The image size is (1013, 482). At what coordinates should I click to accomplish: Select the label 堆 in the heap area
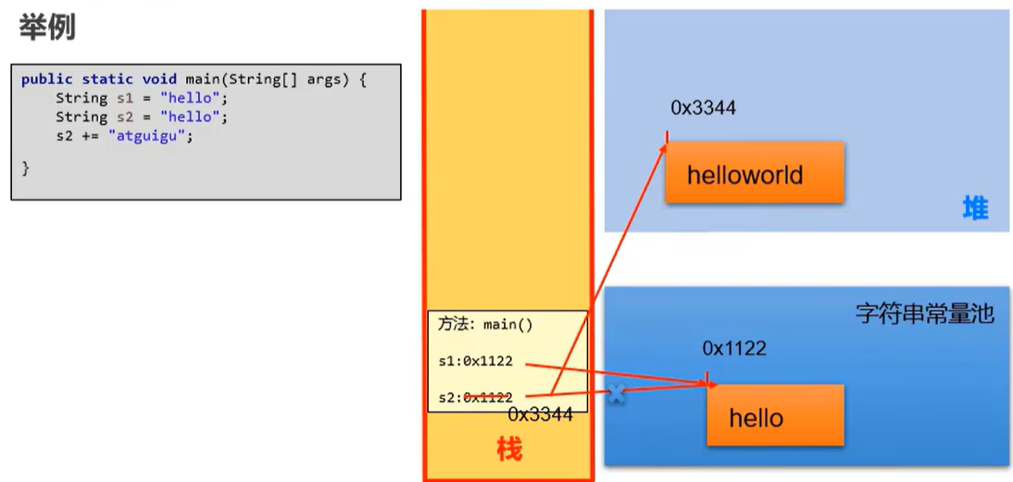(x=975, y=209)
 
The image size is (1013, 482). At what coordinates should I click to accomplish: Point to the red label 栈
(x=508, y=450)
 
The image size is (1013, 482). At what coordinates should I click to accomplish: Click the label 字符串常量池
(x=924, y=315)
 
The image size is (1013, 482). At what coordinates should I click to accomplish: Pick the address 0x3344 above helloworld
(x=703, y=108)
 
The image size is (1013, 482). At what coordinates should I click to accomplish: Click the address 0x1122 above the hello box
(x=734, y=349)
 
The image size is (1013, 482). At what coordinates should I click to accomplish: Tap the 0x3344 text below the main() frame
(x=540, y=414)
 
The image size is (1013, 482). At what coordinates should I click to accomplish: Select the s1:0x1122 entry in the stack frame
(x=475, y=362)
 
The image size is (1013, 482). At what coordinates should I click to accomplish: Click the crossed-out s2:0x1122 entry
(x=475, y=397)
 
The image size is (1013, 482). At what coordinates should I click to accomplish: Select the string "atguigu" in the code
(x=150, y=136)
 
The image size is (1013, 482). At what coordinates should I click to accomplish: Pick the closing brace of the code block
(x=26, y=167)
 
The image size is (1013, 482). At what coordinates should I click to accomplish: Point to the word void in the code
(x=159, y=80)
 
